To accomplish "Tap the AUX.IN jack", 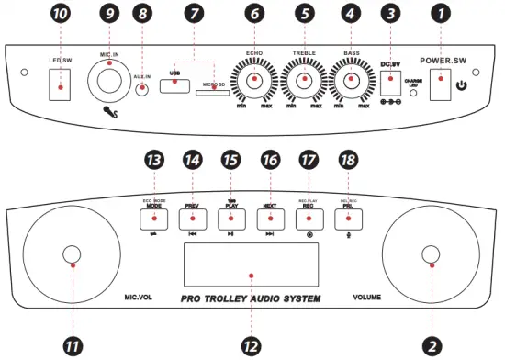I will point(142,89).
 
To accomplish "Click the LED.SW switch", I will point(61,89).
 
